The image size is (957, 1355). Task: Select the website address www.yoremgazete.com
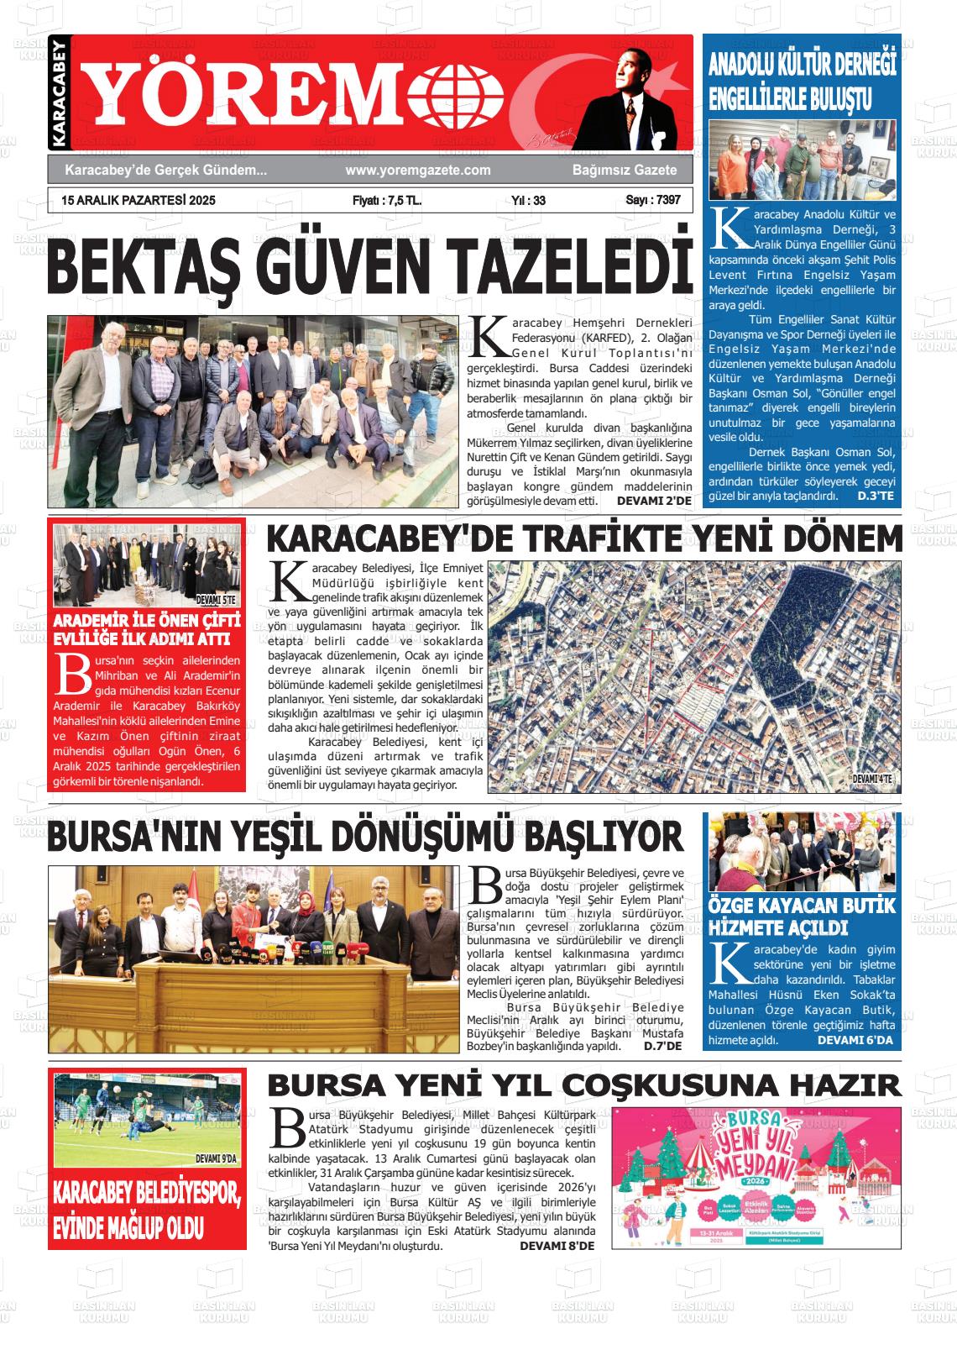tap(417, 171)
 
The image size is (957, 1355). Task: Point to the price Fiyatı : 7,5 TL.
tap(387, 201)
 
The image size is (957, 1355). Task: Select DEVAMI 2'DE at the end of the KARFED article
tap(654, 501)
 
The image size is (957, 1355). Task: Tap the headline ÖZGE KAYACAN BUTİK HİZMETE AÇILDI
tap(803, 916)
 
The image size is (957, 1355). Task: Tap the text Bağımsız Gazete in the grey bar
tap(625, 171)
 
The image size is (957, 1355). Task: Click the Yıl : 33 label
tap(528, 201)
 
